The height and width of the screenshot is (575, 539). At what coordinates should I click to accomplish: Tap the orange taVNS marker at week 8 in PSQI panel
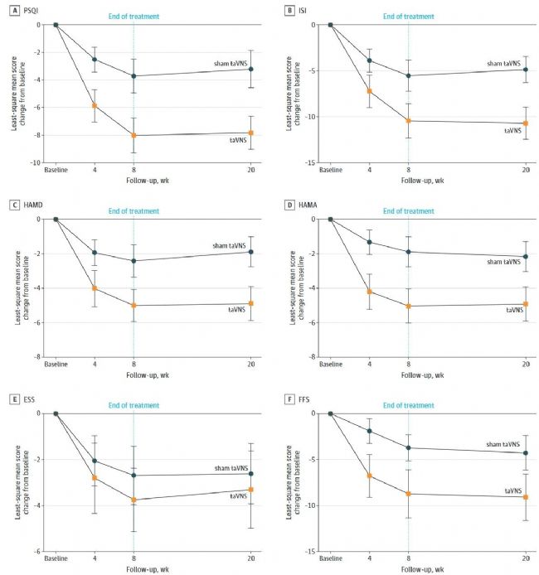pos(134,135)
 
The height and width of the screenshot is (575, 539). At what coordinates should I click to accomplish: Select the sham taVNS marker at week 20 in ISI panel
pos(525,70)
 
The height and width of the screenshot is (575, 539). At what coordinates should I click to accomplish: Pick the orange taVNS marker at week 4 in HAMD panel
pos(95,288)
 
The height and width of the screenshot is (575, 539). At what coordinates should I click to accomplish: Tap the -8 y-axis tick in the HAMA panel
pos(318,357)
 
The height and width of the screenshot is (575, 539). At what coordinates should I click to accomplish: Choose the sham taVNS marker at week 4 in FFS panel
pos(369,431)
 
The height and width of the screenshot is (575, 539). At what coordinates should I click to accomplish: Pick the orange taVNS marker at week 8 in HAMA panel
pos(408,306)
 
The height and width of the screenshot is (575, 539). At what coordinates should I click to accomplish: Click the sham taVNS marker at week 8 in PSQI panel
pos(134,76)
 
